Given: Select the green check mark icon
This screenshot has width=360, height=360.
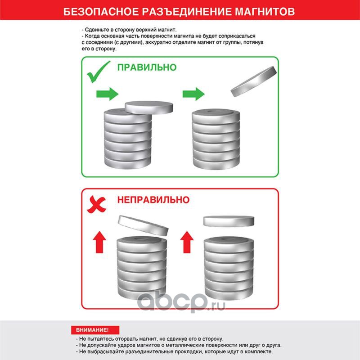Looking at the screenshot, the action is pos(99,72).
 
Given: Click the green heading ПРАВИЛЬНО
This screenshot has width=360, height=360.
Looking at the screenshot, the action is pos(147,67).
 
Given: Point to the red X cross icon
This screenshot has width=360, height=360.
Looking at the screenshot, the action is pos(96,204).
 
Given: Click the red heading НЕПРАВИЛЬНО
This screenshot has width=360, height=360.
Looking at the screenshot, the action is pos(153,200).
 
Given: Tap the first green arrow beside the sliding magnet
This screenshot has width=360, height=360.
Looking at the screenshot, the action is pos(107,94).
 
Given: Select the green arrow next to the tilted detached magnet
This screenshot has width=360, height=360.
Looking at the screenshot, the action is pos(193,94).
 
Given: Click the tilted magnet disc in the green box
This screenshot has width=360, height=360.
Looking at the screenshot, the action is pos(254,81).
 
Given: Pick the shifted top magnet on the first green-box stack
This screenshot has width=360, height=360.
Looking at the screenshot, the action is pos(149,107).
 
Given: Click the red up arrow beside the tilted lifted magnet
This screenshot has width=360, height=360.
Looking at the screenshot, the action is pos(99,242).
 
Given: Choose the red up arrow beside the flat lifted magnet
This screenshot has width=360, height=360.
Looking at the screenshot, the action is pos(187,242).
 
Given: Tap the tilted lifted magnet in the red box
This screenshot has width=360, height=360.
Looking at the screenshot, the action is pos(143,226).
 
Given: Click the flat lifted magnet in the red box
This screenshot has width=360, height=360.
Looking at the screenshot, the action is pos(229,221).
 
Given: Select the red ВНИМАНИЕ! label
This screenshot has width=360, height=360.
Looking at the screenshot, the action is pos(95,330).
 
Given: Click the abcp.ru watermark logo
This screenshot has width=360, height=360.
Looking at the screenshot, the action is pos(181,301).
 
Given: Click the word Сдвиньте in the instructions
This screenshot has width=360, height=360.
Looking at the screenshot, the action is pos(95,30).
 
